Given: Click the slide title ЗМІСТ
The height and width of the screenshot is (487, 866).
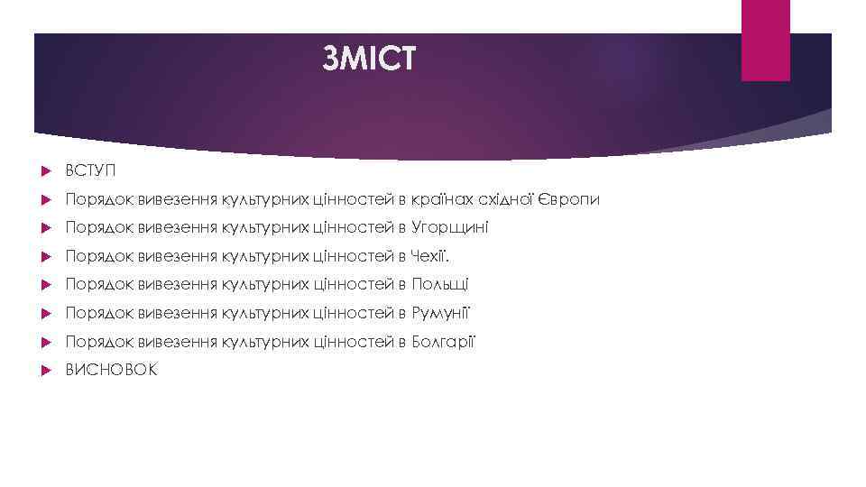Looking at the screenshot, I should pos(370,59).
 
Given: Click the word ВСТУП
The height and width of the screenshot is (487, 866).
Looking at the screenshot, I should pos(90,170).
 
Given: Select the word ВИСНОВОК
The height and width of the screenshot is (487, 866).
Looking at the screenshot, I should pos(110,370).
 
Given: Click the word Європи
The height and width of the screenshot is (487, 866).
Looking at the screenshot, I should pos(568,198).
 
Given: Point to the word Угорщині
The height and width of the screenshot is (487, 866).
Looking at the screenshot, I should pos(449,227).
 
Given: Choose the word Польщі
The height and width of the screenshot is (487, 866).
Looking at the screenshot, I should pos(439,284).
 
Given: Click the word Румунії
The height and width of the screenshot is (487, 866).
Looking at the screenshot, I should pos(441,313).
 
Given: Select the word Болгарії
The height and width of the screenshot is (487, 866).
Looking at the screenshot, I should pos(443,342).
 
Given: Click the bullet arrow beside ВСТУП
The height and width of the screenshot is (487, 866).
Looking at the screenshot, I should pos(44,170).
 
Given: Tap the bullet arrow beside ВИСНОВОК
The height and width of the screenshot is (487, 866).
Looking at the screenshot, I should pos(44,371).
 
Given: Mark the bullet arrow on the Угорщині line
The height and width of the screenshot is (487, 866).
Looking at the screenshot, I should pos(44,228).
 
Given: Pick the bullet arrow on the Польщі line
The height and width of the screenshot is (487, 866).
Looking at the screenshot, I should pos(44,285).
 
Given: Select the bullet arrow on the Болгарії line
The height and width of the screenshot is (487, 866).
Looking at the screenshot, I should pos(44,343).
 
